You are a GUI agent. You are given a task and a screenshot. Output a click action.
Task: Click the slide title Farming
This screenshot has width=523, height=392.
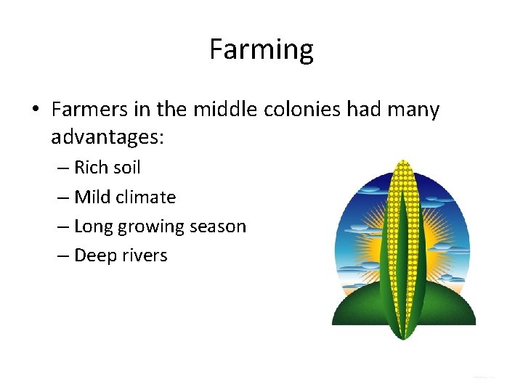[x=261, y=49]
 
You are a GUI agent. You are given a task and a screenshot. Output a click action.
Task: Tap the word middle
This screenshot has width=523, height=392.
[x=218, y=110]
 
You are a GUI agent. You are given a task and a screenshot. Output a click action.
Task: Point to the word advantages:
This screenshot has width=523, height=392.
[x=108, y=137]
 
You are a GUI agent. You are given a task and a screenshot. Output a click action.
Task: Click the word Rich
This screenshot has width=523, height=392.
[x=91, y=168]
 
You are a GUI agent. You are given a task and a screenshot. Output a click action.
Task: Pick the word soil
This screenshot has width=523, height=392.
[x=126, y=168]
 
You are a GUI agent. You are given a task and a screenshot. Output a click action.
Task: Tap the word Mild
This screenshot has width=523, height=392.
[x=92, y=197]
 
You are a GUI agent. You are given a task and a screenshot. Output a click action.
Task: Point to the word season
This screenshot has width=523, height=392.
[x=219, y=226]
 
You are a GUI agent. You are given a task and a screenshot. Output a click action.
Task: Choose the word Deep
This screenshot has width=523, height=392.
[x=94, y=256]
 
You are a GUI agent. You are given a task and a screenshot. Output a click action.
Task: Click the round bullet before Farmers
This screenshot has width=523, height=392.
[x=35, y=110]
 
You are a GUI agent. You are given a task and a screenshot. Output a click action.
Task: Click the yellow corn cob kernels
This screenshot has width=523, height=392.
[x=402, y=181]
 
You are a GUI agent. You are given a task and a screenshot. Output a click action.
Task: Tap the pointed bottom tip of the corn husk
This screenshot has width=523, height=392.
[x=402, y=338]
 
